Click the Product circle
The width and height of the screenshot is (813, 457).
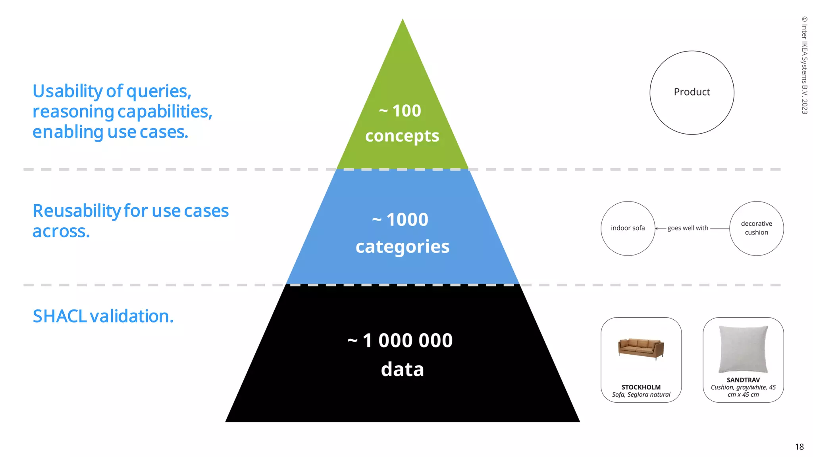tap(692, 92)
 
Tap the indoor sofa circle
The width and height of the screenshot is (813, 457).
tap(628, 228)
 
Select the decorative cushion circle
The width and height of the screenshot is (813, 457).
tap(756, 228)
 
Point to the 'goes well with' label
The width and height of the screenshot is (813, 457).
tap(688, 228)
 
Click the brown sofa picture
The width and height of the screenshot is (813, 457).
tap(641, 348)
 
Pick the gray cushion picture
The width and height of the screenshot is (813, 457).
tap(743, 349)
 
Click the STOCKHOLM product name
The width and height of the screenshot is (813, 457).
tap(641, 387)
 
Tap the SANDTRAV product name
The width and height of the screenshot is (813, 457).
tap(743, 380)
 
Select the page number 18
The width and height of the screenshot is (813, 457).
tap(799, 447)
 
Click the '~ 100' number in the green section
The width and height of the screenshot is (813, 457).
tap(400, 111)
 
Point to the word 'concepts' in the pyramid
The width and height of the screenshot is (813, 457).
tap(402, 136)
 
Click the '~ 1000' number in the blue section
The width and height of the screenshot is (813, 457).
tap(400, 220)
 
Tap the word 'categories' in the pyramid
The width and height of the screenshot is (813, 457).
tap(403, 247)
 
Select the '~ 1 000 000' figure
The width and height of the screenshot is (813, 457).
tap(400, 340)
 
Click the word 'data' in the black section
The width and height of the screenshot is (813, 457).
tap(403, 369)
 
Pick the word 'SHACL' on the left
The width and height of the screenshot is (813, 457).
tap(60, 316)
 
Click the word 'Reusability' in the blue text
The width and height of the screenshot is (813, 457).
tap(76, 211)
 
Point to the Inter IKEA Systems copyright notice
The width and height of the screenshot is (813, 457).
tap(804, 65)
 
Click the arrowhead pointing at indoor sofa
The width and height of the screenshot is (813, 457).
tap(657, 228)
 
